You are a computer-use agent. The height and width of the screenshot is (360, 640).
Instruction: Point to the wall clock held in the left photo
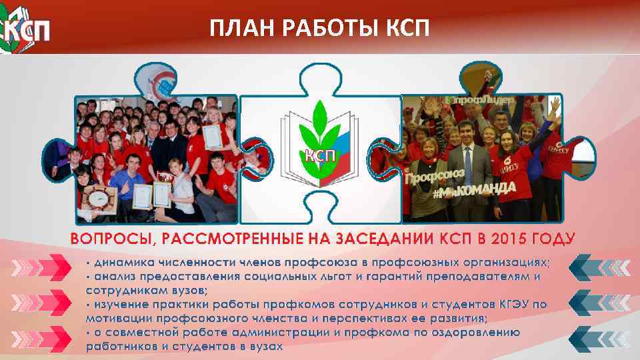point(98,197)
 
